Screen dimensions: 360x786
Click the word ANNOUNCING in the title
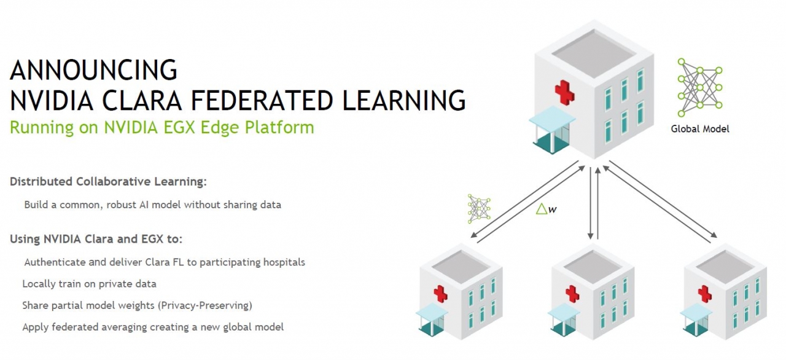93,70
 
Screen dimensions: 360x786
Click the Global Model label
700,129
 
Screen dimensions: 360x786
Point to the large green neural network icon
699,87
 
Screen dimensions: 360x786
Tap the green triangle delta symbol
542,209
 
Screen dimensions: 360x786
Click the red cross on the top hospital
564,92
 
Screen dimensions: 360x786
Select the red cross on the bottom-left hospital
440,293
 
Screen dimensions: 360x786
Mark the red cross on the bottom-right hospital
705,293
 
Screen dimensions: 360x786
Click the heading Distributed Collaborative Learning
108,182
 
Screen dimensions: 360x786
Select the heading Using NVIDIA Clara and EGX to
96,238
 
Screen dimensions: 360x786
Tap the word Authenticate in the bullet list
55,262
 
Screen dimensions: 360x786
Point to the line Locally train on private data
89,284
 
